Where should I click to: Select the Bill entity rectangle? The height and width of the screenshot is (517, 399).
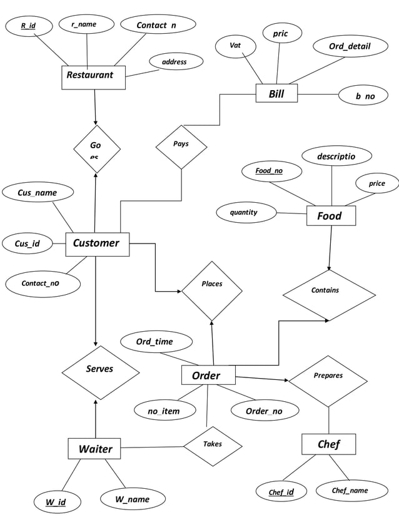pos(276,94)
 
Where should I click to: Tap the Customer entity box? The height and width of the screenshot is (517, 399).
pos(97,243)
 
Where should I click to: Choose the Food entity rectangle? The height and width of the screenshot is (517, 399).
pos(331,216)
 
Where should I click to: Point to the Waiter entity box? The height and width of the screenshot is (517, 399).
pos(94,449)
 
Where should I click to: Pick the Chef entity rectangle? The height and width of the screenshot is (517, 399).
pos(328,444)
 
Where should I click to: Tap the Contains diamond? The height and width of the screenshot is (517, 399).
pos(328,294)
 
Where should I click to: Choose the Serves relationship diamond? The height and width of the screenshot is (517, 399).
pos(100,372)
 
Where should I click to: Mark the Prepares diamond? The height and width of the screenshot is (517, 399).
pos(328,379)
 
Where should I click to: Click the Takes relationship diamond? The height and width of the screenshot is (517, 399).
pos(213,446)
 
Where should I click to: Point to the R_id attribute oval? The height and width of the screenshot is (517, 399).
pos(28,26)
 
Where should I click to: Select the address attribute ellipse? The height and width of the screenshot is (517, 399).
pos(176,62)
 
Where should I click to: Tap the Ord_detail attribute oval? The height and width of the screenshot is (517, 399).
pos(350,46)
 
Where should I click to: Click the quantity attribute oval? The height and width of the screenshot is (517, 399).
pos(245,212)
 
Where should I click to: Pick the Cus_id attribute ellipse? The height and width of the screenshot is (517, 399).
pos(25,244)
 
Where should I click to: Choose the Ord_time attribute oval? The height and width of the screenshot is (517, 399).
pos(154,342)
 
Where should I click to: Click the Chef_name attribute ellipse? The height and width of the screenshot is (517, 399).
pos(350,491)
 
